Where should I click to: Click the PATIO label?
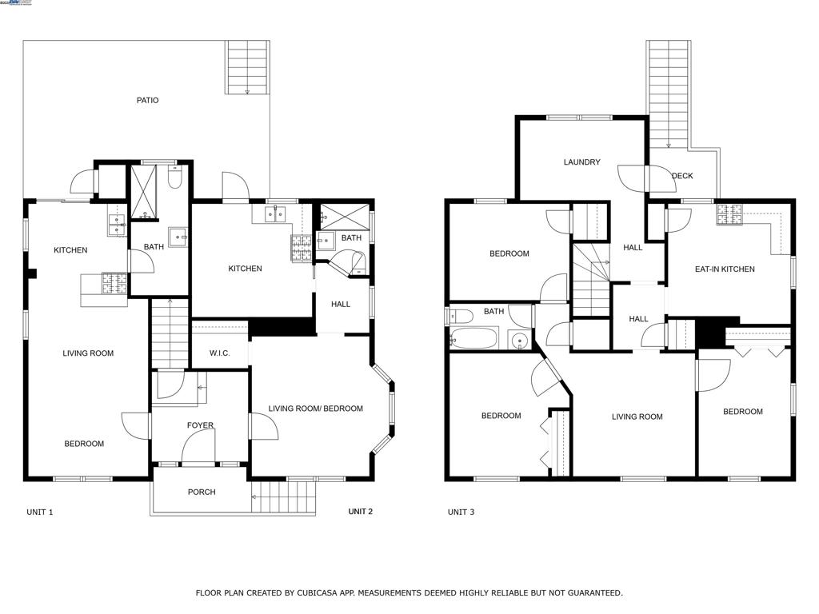[x=147, y=101]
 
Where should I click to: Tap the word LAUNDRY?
[x=581, y=162]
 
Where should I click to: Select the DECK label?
[x=682, y=176]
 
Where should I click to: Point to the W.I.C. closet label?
[x=220, y=353]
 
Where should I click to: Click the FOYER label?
[x=200, y=425]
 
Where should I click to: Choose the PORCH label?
[x=202, y=492]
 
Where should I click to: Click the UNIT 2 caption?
[x=360, y=512]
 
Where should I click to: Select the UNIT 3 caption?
[x=461, y=512]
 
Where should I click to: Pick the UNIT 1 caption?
[x=40, y=512]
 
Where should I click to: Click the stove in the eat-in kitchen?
[x=729, y=214]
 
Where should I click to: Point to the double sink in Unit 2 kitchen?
[x=276, y=214]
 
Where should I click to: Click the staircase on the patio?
[x=247, y=68]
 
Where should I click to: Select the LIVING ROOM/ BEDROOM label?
[x=315, y=409]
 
